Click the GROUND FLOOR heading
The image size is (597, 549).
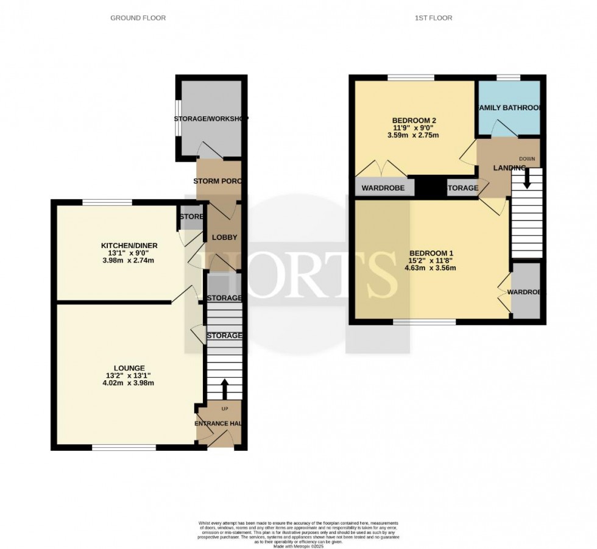[138, 18]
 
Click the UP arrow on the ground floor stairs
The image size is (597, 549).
[224, 388]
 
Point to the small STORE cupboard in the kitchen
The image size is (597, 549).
[191, 218]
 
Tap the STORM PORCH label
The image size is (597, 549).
[219, 182]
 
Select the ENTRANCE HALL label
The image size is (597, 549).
[219, 423]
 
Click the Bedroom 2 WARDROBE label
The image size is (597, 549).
[384, 188]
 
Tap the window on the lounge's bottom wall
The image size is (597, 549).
[124, 448]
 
